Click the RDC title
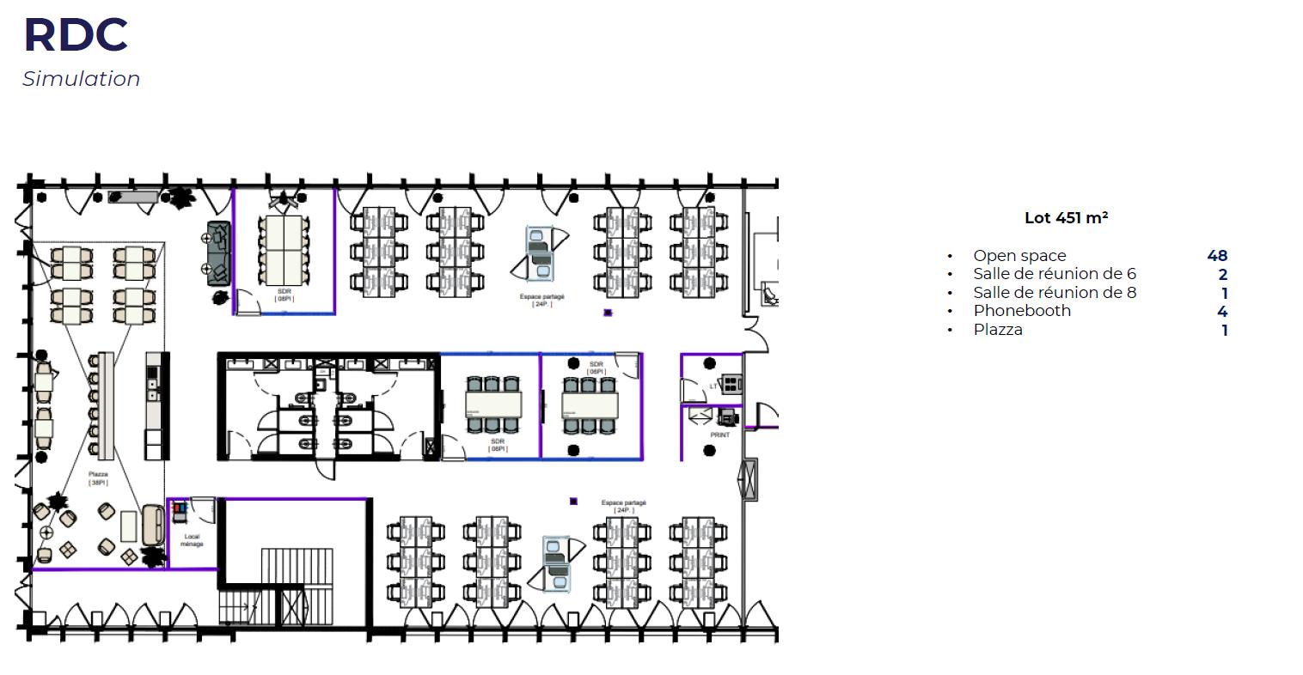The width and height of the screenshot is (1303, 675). coord(76,35)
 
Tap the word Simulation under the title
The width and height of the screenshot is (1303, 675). coord(81,79)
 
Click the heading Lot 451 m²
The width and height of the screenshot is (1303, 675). coord(1066,218)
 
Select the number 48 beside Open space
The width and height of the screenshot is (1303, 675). coord(1217,256)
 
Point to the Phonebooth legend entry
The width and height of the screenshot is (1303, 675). coord(1022,311)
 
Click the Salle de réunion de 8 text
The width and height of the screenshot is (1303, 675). coord(1055,293)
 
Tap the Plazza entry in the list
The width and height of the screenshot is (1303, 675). coord(998,330)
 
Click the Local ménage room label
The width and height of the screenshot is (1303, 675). coord(192,540)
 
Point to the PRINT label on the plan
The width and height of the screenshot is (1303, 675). coord(720,435)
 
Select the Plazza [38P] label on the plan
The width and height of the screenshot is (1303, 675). coord(97,478)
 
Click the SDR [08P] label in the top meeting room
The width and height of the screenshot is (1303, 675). coord(284,295)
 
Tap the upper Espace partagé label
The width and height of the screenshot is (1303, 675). coord(541,300)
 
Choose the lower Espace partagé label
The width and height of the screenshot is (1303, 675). coord(623,506)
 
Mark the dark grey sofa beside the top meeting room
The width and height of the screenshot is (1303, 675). coord(218,251)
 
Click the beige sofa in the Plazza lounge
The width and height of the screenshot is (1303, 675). coord(154,525)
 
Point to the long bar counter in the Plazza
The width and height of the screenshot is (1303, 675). coord(106,404)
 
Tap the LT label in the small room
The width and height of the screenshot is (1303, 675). coord(713,386)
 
